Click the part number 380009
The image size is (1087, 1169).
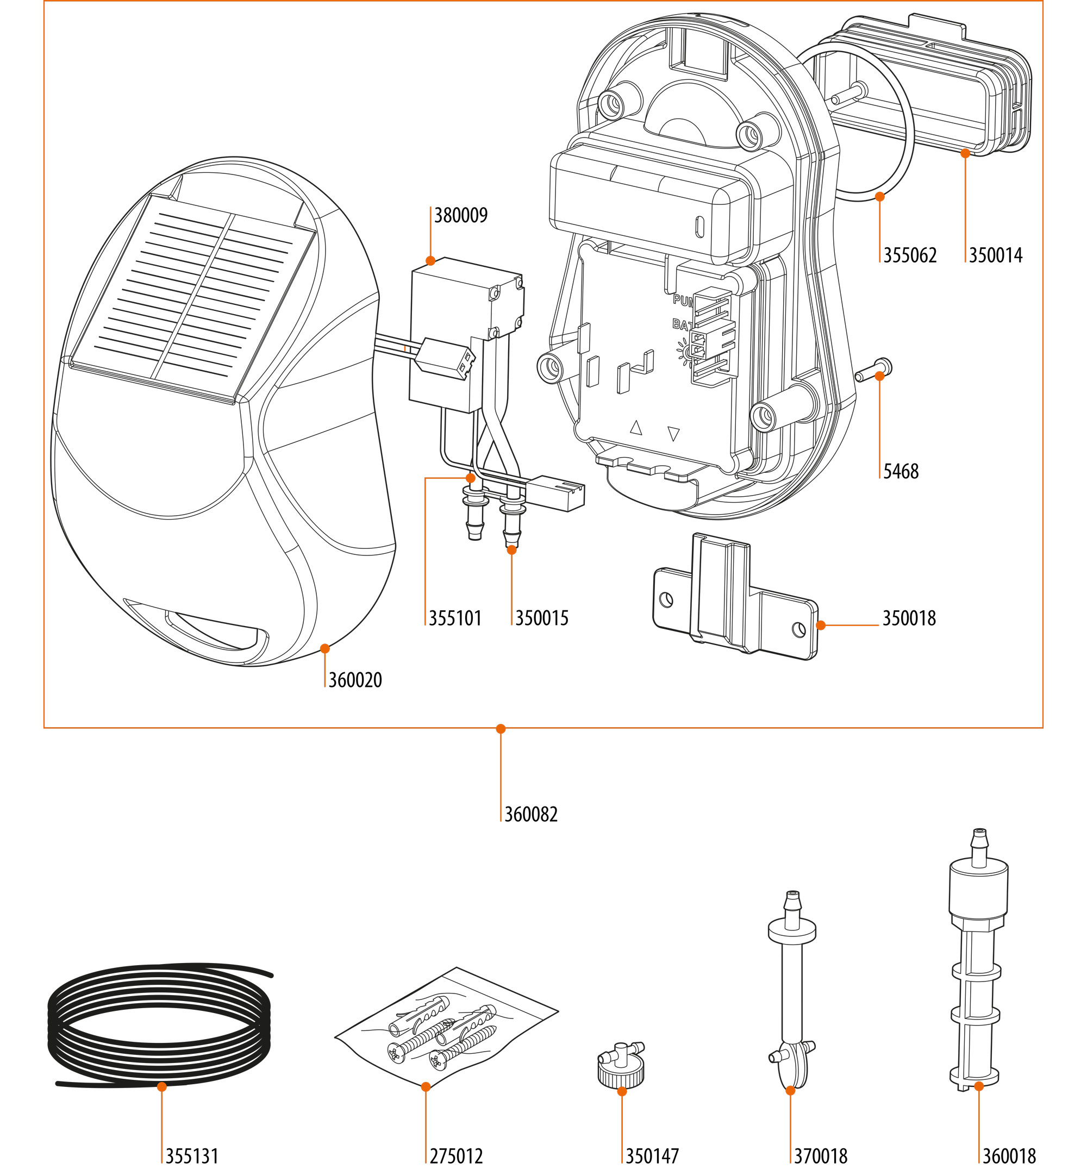click(460, 216)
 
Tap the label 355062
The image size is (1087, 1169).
click(909, 255)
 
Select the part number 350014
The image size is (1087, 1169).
click(995, 255)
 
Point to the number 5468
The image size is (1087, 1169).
click(901, 471)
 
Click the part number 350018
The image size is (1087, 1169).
click(909, 618)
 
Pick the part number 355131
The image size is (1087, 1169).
click(192, 1155)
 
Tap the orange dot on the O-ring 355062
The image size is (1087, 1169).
click(880, 196)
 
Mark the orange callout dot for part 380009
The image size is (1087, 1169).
click(430, 260)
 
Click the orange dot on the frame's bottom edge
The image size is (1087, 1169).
click(501, 729)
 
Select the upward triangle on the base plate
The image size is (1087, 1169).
click(636, 428)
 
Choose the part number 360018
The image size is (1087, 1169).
click(1009, 1155)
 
